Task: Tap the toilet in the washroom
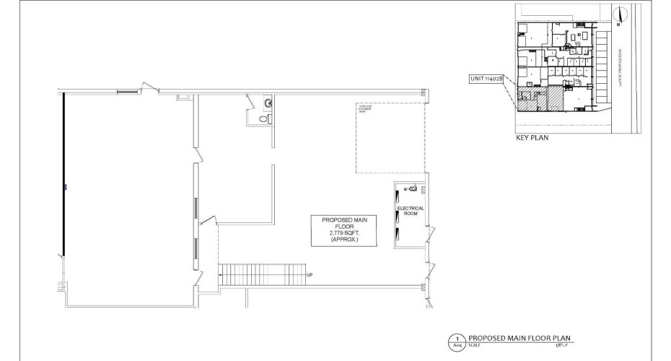pyautogui.click(x=268, y=104)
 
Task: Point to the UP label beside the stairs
pyautogui.click(x=310, y=274)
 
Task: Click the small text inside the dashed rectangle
pyautogui.click(x=366, y=108)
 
